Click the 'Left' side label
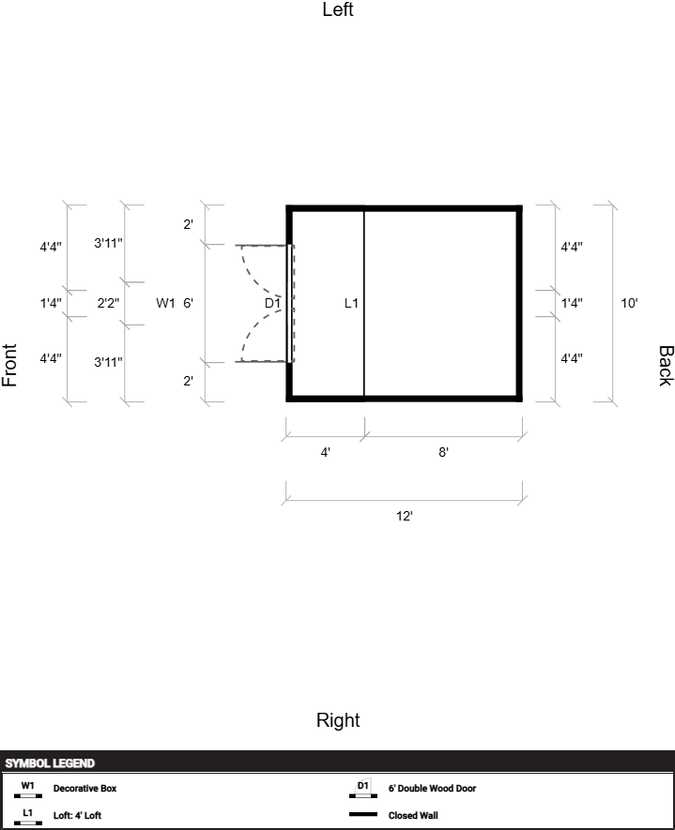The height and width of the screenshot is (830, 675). [338, 9]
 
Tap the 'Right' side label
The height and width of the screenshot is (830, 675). [338, 720]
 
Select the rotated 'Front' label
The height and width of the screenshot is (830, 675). [9, 365]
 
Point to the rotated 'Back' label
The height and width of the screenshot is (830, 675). [666, 366]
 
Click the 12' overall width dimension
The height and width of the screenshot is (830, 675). [405, 516]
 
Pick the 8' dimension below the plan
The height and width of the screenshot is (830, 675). [443, 453]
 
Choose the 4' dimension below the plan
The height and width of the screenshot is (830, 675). [326, 453]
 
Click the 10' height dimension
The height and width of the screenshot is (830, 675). [629, 303]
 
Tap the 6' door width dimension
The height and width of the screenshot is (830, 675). [188, 303]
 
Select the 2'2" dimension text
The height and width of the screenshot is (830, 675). [108, 303]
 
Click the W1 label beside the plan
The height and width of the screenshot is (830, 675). [165, 303]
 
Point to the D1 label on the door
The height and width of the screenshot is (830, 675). [272, 303]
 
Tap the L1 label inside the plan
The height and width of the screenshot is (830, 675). [351, 303]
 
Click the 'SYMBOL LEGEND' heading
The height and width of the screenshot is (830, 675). [50, 763]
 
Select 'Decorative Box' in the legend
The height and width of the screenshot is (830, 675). [84, 788]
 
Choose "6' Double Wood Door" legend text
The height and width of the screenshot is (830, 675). [432, 788]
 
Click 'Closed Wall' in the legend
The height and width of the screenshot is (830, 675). [413, 815]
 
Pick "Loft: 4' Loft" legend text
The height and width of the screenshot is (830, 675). [77, 815]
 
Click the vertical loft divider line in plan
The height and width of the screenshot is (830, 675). [364, 303]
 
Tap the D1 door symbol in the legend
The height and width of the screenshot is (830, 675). [363, 788]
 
